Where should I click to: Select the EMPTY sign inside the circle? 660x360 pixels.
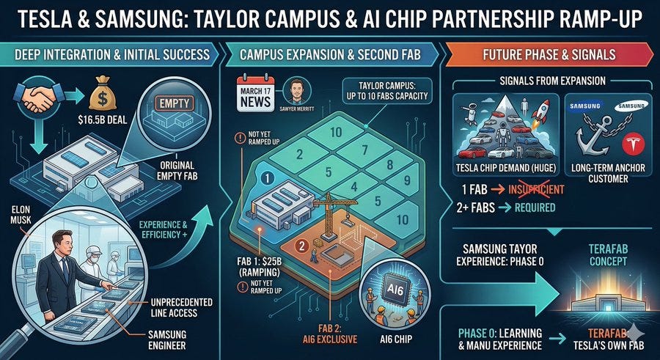tap(175, 103)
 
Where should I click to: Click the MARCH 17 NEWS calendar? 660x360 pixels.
tap(255, 95)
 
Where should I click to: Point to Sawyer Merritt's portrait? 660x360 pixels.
tap(297, 92)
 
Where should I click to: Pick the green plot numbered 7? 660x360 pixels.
tap(364, 149)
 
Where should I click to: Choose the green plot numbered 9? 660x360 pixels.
tap(406, 180)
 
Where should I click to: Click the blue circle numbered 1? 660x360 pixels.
tap(267, 178)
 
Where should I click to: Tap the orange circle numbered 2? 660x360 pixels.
tap(301, 246)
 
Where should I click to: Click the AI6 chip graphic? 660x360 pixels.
tap(394, 290)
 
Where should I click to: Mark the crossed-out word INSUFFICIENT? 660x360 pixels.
tap(536, 189)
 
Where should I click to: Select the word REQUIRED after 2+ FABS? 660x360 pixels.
tap(535, 207)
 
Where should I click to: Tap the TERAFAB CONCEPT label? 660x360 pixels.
tap(608, 255)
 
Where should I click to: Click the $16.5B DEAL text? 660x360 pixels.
tap(103, 121)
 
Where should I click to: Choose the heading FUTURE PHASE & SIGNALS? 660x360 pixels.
tap(549, 54)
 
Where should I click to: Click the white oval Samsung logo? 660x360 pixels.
tap(631, 107)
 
